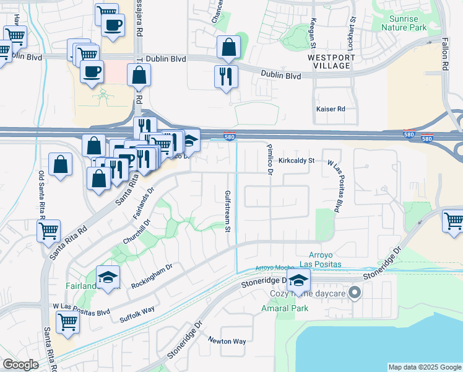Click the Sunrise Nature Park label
[404, 23]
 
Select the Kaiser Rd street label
[330, 108]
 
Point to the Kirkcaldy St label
[296, 160]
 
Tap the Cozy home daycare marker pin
[355, 293]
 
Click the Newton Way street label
[227, 341]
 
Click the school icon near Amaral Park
[298, 281]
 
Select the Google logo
[20, 365]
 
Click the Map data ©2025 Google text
[424, 367]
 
